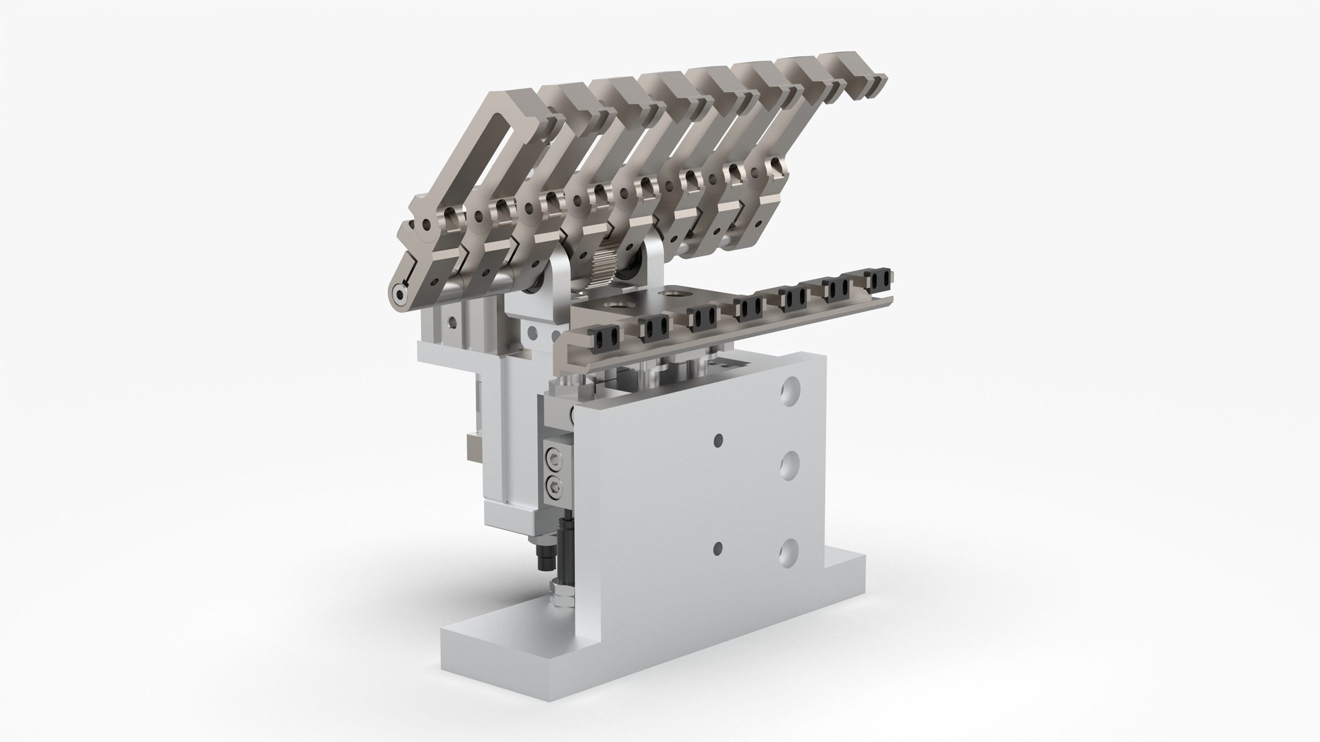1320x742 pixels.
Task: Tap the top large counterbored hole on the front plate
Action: (791, 390)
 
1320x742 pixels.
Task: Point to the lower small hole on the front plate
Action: (718, 548)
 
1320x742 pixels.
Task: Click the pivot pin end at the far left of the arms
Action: (400, 294)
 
